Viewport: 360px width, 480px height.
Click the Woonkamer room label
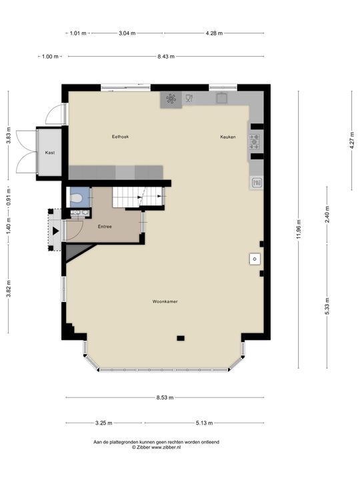pyautogui.click(x=165, y=301)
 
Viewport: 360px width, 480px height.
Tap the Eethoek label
pyautogui.click(x=120, y=137)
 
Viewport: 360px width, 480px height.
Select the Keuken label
pyautogui.click(x=228, y=137)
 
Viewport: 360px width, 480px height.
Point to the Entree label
pyautogui.click(x=105, y=227)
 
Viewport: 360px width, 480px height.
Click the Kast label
pyautogui.click(x=50, y=153)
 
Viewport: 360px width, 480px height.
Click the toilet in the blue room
pyautogui.click(x=75, y=199)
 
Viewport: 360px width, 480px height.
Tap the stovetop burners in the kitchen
pyautogui.click(x=254, y=142)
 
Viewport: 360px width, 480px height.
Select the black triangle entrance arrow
pyautogui.click(x=55, y=231)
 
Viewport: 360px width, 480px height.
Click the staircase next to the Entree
pyautogui.click(x=138, y=197)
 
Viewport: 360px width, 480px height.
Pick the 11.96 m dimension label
pyautogui.click(x=299, y=229)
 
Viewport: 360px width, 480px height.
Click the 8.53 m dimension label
pyautogui.click(x=165, y=397)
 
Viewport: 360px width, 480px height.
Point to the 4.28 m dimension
pyautogui.click(x=214, y=33)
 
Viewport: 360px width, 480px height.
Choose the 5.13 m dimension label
pyautogui.click(x=204, y=423)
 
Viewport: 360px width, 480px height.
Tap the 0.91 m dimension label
pyautogui.click(x=9, y=197)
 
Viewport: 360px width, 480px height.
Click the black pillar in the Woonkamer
pyautogui.click(x=181, y=338)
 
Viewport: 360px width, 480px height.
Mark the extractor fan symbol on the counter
pyautogui.click(x=171, y=99)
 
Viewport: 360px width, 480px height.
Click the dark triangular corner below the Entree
pyautogui.click(x=77, y=251)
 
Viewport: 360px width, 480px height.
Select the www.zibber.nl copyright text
pyautogui.click(x=156, y=447)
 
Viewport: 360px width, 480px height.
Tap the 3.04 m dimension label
pyautogui.click(x=127, y=33)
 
